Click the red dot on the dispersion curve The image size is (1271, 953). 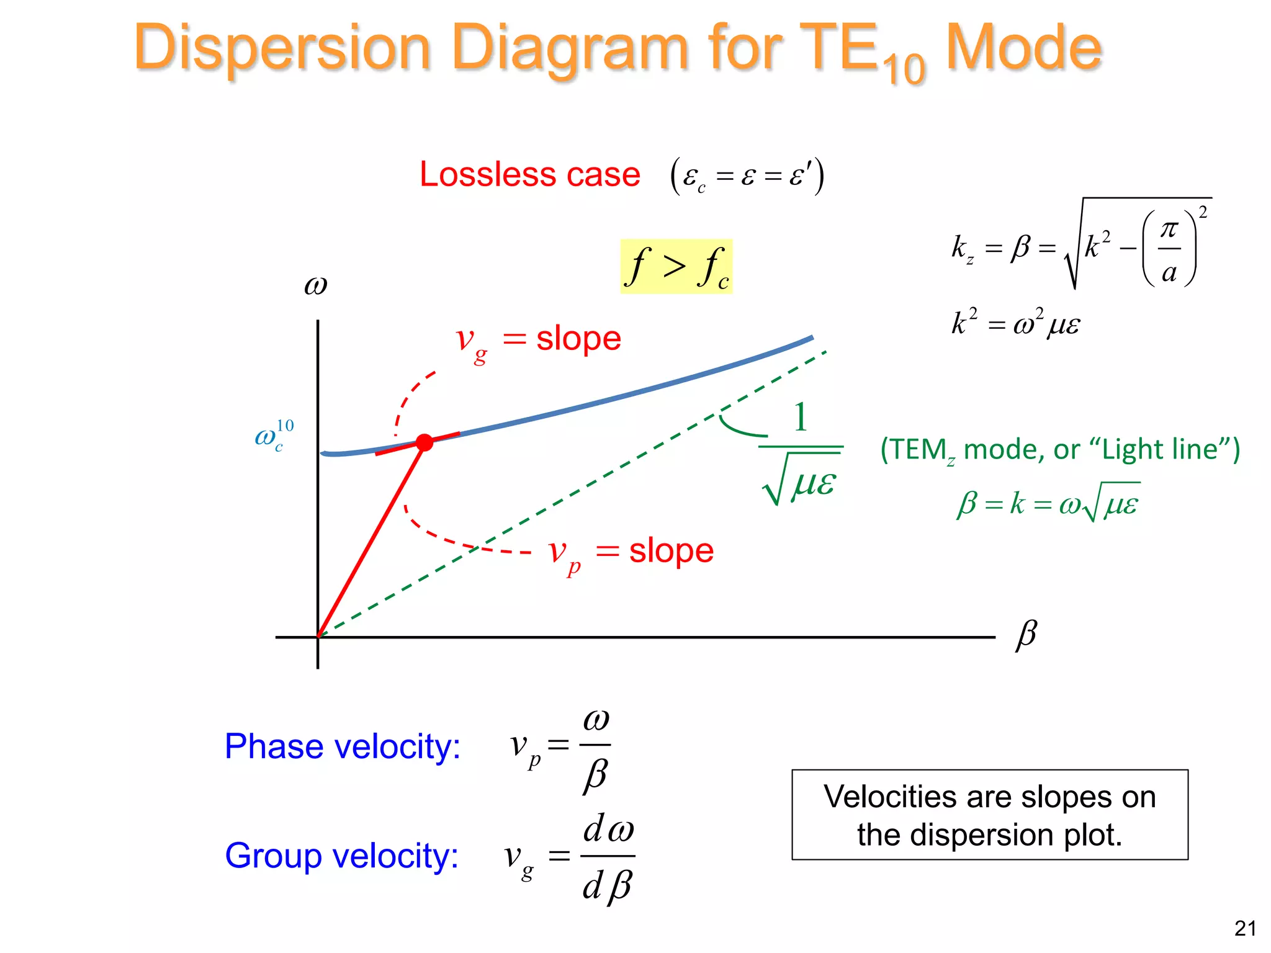(x=424, y=442)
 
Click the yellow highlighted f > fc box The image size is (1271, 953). (x=676, y=266)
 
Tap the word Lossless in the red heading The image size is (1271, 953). (x=488, y=174)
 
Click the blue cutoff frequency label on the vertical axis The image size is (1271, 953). (x=273, y=436)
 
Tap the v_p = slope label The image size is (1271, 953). (x=631, y=552)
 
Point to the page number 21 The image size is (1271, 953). (x=1245, y=928)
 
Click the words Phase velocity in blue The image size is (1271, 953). (x=342, y=746)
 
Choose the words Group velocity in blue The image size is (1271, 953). (x=341, y=856)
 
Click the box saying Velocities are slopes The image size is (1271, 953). (x=989, y=815)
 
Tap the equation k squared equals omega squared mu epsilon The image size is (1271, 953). (x=1015, y=323)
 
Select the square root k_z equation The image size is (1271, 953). (x=1080, y=246)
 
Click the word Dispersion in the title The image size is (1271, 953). (x=282, y=48)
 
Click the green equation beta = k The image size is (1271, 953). (x=1048, y=503)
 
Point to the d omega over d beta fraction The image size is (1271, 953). (x=608, y=856)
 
